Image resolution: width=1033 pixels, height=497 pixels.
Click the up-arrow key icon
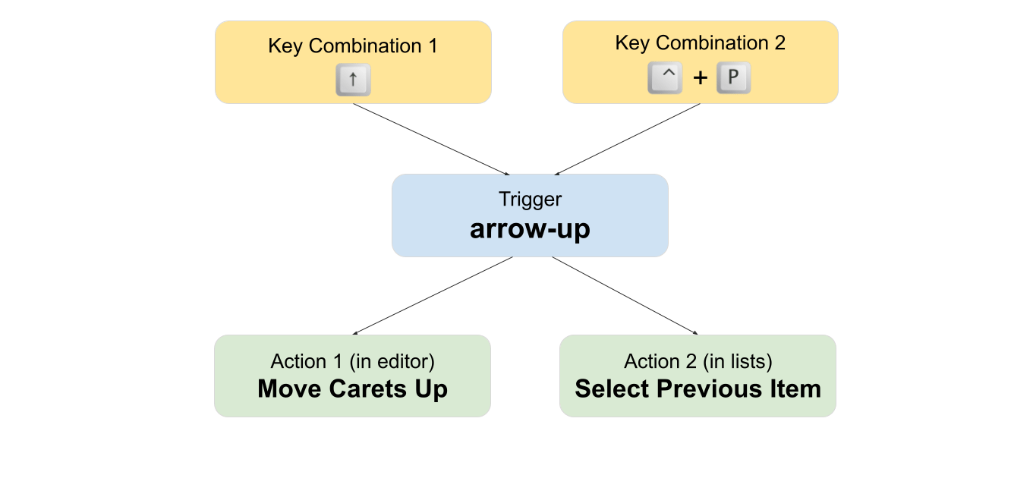click(x=353, y=80)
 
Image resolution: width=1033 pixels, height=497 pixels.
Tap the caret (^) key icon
click(x=665, y=78)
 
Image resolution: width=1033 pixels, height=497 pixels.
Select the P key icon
click(x=733, y=78)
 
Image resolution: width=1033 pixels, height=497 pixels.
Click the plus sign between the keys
click(x=700, y=79)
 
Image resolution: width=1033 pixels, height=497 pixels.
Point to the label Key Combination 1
click(x=353, y=46)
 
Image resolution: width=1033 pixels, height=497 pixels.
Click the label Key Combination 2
click(x=700, y=43)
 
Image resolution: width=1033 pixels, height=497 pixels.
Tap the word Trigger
click(x=530, y=200)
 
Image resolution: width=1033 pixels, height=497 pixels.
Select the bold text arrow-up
click(x=530, y=228)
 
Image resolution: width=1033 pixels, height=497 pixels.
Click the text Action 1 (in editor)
click(x=352, y=361)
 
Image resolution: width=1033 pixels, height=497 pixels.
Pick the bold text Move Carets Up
click(x=352, y=389)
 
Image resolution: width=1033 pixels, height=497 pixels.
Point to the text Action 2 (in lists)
click(x=698, y=361)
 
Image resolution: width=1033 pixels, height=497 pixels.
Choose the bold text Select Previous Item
click(x=698, y=389)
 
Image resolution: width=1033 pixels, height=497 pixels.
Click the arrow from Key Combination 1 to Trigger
click(x=431, y=139)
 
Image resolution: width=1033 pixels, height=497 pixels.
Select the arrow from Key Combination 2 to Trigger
click(x=628, y=139)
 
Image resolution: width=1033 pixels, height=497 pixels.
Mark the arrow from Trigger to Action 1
click(x=433, y=295)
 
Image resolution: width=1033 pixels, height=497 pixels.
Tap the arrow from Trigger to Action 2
click(x=624, y=295)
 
